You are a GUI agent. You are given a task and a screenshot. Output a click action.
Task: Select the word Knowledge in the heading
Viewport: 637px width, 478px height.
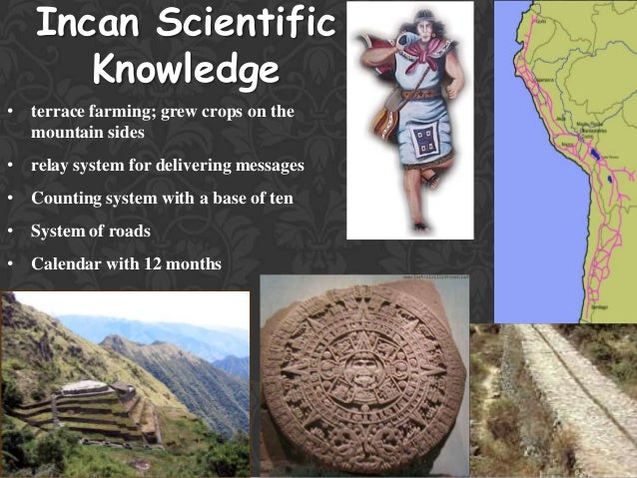click(x=185, y=70)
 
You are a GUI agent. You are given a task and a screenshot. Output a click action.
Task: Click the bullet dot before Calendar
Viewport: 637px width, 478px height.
click(x=9, y=265)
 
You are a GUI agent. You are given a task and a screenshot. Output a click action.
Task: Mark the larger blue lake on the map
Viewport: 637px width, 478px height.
click(x=595, y=156)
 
